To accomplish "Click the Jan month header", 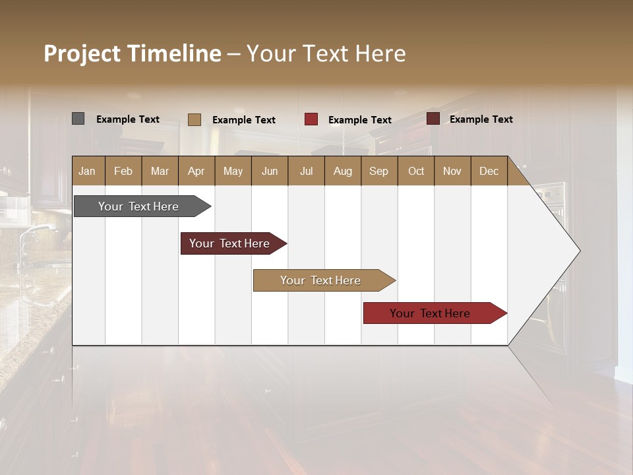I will [87, 171].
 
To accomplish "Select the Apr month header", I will [196, 171].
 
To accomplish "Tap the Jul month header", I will [306, 171].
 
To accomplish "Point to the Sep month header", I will [378, 171].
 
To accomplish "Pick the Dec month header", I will [489, 171].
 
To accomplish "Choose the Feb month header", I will [123, 171].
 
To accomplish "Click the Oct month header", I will [415, 171].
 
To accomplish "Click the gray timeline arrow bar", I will [138, 206].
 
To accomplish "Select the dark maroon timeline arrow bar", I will [229, 243].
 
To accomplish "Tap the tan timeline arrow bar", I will [320, 280].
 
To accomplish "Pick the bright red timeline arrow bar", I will [430, 313].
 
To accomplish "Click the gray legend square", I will [78, 119].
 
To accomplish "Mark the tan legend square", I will [194, 119].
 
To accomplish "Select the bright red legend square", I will [311, 119].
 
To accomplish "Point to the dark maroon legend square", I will [433, 119].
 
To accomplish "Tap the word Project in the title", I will [82, 53].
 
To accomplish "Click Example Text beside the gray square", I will [128, 119].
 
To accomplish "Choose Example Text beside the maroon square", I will [481, 119].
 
